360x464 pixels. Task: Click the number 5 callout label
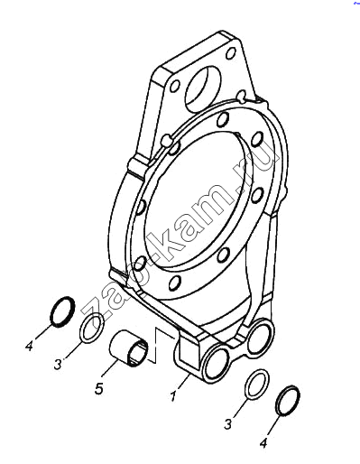point(98,388)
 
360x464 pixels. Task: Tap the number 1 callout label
point(173,396)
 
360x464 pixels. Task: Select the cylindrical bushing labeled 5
point(129,348)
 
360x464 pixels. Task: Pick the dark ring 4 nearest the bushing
point(62,311)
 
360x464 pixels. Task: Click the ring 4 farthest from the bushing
point(288,401)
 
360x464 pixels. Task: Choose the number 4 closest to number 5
point(29,347)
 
